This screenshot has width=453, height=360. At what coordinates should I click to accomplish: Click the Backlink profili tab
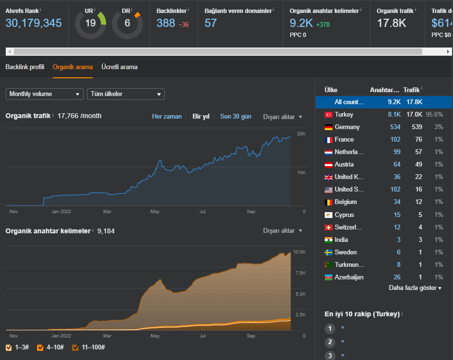[x=25, y=67]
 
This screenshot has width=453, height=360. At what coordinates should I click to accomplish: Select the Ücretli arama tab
[x=119, y=67]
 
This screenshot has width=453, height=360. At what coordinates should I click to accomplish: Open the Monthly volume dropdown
[x=45, y=94]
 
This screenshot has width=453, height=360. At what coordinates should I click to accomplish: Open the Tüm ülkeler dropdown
[x=126, y=94]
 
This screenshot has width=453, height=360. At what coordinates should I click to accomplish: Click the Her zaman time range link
[x=167, y=116]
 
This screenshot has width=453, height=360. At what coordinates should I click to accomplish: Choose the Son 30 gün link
[x=235, y=116]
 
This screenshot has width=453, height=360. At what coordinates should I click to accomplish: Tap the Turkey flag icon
[x=329, y=115]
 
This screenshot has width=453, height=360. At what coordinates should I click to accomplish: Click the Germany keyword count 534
[x=395, y=127]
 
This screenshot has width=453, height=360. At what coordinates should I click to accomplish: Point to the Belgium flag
[x=329, y=203]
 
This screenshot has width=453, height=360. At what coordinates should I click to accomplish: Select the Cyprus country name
[x=344, y=215]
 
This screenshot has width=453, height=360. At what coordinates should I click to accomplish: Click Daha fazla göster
[x=415, y=288]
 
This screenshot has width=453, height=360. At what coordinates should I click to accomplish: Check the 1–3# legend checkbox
[x=9, y=348]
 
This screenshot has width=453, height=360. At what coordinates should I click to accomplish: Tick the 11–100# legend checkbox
[x=75, y=348]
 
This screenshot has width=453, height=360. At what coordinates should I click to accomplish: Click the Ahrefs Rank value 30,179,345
[x=34, y=23]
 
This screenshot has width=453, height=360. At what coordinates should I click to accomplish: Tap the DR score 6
[x=127, y=23]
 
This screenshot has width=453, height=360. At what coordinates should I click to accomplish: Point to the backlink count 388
[x=166, y=23]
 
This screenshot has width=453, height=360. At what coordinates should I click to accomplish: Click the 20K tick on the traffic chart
[x=301, y=133]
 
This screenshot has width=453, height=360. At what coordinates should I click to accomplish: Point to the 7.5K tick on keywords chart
[x=300, y=273]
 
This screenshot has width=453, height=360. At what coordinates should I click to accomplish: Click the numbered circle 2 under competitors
[x=330, y=342]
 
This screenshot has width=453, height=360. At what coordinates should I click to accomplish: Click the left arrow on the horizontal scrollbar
[x=10, y=52]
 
